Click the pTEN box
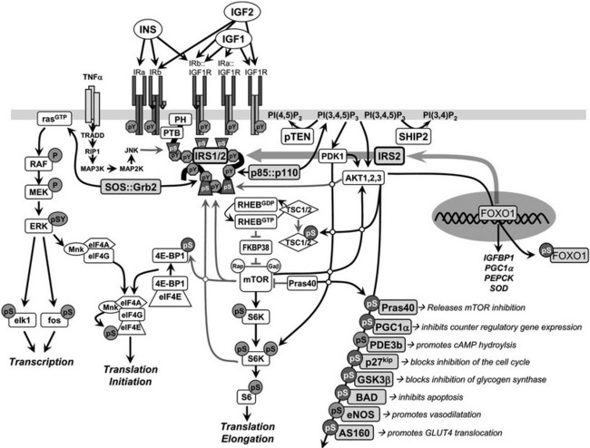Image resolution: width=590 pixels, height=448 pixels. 296,134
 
